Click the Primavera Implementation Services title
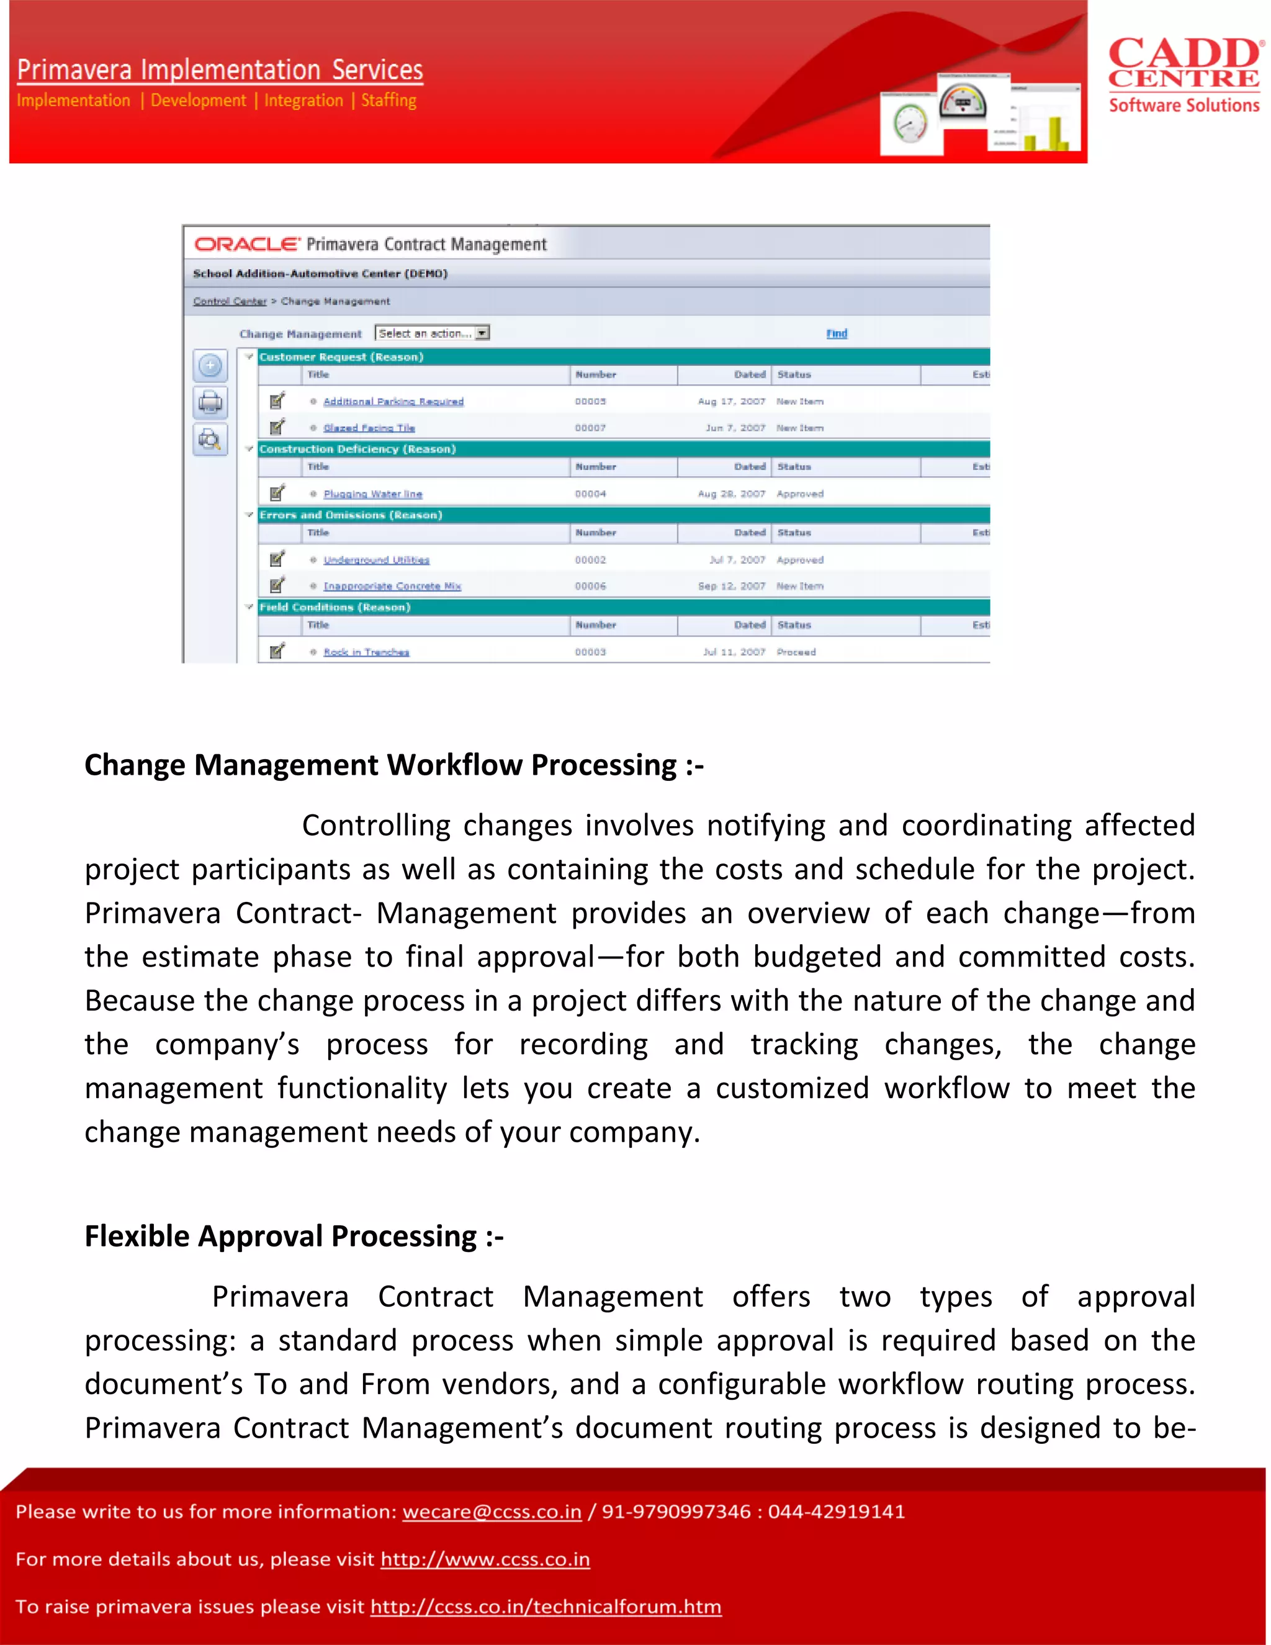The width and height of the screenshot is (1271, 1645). (220, 70)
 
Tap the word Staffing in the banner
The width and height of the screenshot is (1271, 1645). (388, 100)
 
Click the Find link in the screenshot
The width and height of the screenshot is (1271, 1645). (836, 333)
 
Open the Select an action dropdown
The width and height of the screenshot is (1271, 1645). (482, 333)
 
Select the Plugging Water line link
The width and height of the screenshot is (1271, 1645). (373, 494)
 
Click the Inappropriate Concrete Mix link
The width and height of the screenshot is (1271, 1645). (392, 586)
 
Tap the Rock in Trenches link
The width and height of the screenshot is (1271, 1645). (366, 652)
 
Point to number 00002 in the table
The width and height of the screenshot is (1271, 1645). (590, 561)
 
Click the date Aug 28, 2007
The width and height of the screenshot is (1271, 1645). (731, 494)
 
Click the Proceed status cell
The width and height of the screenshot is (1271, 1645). (796, 652)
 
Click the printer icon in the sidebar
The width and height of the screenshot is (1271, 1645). (210, 403)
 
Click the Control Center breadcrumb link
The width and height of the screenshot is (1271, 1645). (230, 301)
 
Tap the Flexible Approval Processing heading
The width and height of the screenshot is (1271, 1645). (294, 1237)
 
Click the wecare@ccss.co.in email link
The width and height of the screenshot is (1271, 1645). (492, 1512)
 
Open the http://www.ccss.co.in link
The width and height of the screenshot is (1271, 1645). (485, 1559)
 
